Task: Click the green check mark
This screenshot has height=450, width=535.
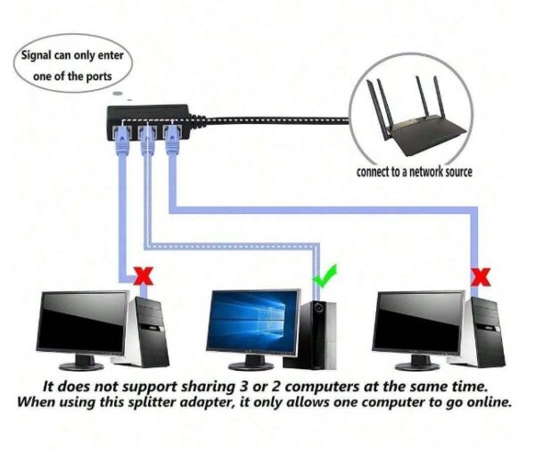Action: point(325,277)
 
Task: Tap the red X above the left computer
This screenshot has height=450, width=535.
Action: point(141,276)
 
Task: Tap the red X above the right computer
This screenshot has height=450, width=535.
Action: point(481,277)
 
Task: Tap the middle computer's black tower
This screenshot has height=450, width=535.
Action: point(321,333)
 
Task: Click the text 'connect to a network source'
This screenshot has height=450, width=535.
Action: point(414,172)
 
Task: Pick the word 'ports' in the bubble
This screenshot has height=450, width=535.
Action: point(98,77)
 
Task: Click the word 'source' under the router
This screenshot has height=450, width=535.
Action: point(456,172)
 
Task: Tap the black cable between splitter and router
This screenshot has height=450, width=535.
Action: point(267,118)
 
